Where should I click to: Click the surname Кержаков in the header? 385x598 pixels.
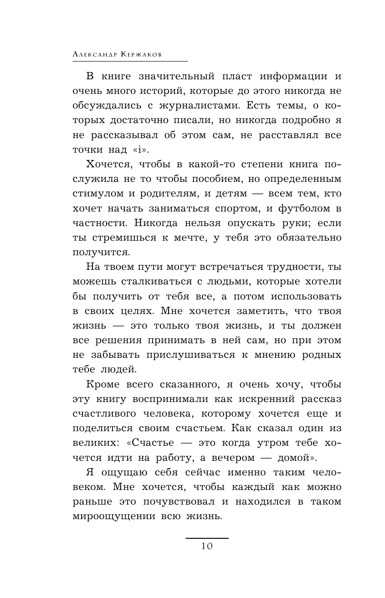(x=139, y=54)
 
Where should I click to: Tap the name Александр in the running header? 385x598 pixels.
(x=94, y=54)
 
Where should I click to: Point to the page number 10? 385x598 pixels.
(x=207, y=546)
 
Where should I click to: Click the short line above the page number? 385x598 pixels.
(x=207, y=538)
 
